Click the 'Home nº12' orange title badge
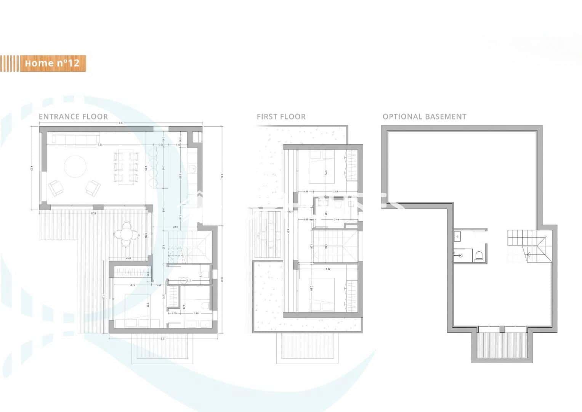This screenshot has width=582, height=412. (52, 63)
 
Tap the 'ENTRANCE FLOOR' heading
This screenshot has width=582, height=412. (73, 117)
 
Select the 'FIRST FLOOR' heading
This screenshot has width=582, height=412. (281, 117)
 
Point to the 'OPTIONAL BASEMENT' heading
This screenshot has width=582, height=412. (424, 117)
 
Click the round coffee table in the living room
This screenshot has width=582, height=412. (75, 167)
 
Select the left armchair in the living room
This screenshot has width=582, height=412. (56, 188)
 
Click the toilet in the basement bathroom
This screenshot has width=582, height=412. (479, 255)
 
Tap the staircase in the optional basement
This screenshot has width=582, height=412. (528, 246)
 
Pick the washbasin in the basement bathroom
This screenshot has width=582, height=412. (457, 237)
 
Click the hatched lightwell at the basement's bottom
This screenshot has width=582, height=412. (502, 344)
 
